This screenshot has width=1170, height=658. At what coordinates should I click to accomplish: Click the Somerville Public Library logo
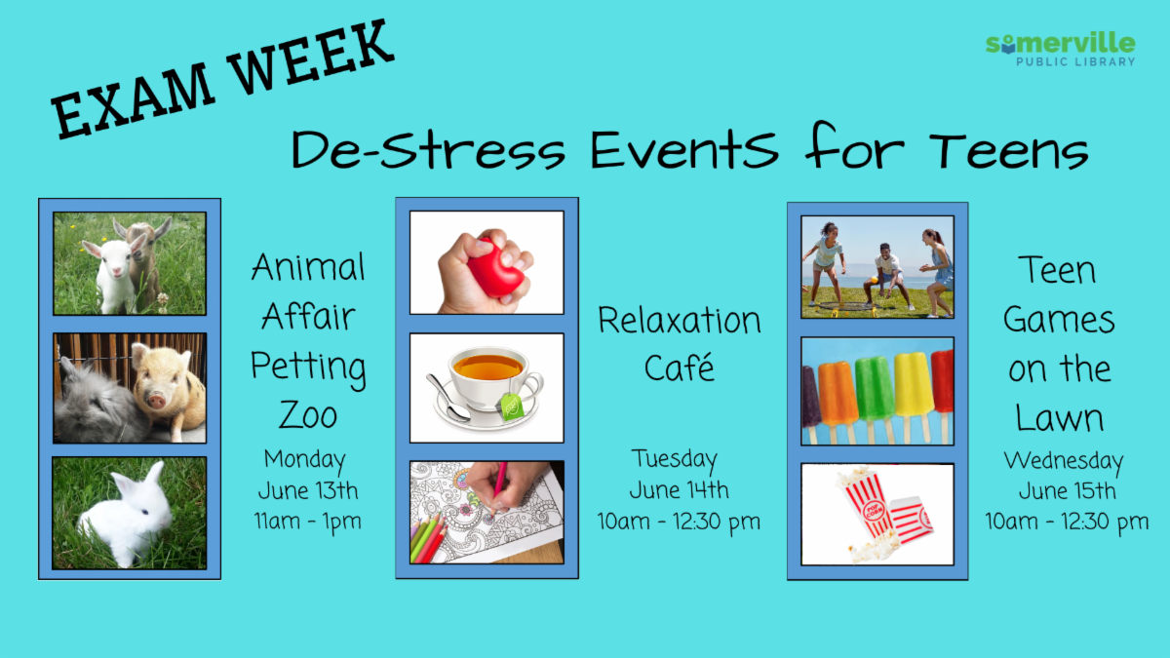pyautogui.click(x=1060, y=49)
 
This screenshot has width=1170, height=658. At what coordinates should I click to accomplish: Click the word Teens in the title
pyautogui.click(x=1008, y=151)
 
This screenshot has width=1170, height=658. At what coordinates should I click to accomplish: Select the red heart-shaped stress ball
pyautogui.click(x=495, y=266)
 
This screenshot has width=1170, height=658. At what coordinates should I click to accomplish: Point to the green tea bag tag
pyautogui.click(x=512, y=406)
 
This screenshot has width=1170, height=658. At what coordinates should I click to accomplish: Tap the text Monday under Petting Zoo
pyautogui.click(x=305, y=458)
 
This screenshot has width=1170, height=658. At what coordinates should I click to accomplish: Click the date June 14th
pyautogui.click(x=679, y=489)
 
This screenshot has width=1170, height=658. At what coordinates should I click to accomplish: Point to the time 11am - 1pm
pyautogui.click(x=308, y=521)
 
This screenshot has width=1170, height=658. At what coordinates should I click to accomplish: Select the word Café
pyautogui.click(x=680, y=368)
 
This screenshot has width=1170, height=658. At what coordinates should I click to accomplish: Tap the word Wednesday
pyautogui.click(x=1063, y=460)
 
